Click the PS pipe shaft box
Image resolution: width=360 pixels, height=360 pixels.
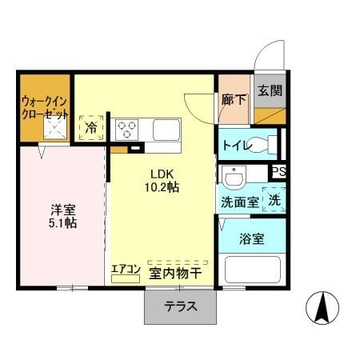[278, 171]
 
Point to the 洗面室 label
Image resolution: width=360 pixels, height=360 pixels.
[239, 202]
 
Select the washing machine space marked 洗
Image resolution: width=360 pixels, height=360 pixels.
[274, 200]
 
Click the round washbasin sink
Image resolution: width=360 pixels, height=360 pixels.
[234, 175]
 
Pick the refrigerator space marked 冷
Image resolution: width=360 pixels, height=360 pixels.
[91, 127]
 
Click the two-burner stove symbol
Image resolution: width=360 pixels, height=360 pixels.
[127, 128]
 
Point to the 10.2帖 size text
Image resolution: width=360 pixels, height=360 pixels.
[162, 188]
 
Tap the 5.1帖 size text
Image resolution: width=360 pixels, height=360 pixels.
[62, 223]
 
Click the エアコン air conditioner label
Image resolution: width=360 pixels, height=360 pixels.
[125, 270]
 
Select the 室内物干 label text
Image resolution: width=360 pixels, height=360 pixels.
[174, 274]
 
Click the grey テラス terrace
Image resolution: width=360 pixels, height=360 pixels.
[181, 306]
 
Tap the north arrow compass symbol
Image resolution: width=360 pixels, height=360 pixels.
[322, 307]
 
